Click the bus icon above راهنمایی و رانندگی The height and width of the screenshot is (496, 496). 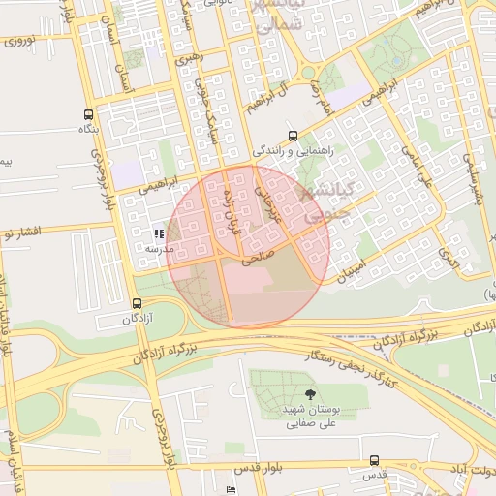(x=293, y=137)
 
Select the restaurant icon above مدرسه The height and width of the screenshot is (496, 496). (x=159, y=233)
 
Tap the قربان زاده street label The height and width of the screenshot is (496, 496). (x=229, y=204)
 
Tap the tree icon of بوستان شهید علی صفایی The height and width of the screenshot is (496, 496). (x=309, y=393)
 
